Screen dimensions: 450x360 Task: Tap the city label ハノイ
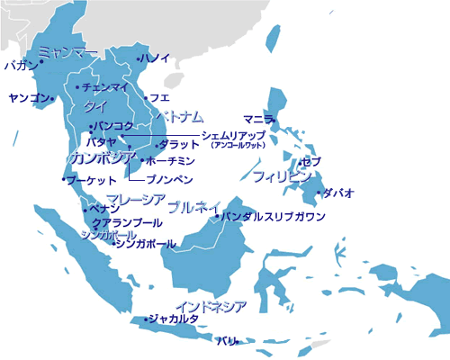[155, 58]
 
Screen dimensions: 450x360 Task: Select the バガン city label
[21, 65]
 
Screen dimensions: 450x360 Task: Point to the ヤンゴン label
[25, 96]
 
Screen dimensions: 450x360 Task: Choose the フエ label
[160, 96]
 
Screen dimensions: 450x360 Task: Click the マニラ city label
[258, 118]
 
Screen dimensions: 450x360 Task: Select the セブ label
[311, 161]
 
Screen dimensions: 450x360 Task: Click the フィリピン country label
[282, 175]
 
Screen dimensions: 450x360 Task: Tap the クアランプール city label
[128, 222]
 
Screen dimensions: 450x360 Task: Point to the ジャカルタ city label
[173, 319]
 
